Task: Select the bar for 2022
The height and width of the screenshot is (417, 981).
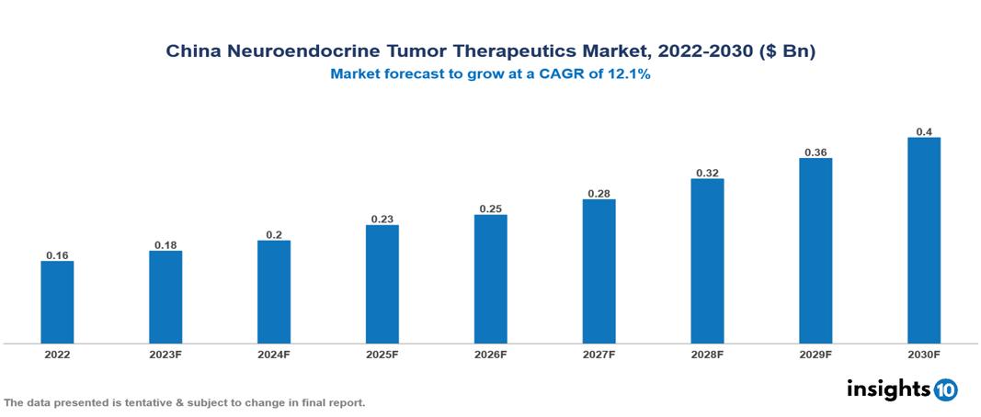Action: (x=57, y=302)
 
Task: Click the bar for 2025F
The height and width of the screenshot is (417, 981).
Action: (x=382, y=284)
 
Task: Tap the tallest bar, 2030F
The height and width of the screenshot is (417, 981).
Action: (x=924, y=240)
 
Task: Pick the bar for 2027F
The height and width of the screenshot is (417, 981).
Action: (x=599, y=271)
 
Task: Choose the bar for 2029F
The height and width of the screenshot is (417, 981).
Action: (x=816, y=250)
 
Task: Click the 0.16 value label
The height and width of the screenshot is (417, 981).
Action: (x=57, y=255)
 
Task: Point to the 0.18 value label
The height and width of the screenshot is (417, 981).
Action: (x=165, y=245)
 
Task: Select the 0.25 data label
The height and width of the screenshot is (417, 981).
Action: (x=491, y=208)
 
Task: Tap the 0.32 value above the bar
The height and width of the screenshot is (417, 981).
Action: (x=707, y=172)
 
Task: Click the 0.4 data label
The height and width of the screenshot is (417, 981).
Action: (x=924, y=132)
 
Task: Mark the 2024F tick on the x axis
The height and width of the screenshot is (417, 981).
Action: (x=274, y=354)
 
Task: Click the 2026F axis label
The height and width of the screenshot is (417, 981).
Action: (x=491, y=354)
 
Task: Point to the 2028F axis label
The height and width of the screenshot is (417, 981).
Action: (x=707, y=354)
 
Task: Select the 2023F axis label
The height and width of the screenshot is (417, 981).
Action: (x=165, y=354)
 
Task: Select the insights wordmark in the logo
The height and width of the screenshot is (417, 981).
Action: (x=887, y=389)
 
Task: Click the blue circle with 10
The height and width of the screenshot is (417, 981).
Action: (x=945, y=389)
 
